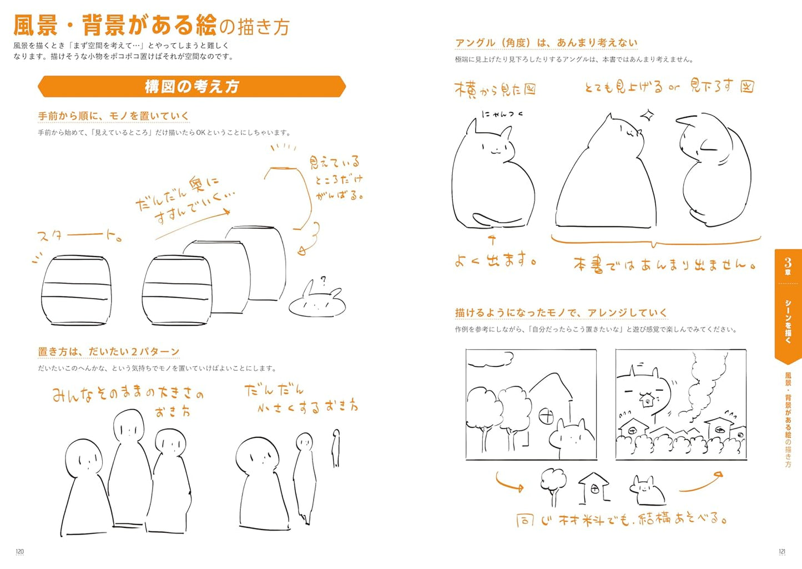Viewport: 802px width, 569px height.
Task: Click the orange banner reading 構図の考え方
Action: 191,87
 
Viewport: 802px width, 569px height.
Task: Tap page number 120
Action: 19,551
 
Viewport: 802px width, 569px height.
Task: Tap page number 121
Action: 782,551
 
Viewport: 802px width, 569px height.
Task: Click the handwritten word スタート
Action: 78,236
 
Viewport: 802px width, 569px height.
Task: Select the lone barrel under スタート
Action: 77,290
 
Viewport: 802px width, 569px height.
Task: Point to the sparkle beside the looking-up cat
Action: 647,116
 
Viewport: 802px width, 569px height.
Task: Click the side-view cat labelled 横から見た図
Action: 491,178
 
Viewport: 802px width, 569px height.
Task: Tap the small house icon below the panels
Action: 593,487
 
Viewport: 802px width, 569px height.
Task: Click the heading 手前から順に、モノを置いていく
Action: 113,116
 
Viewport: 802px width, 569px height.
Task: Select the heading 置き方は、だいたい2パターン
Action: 108,352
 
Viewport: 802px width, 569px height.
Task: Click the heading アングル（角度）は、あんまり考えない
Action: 546,43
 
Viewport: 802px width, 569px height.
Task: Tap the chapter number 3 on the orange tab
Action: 788,261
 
